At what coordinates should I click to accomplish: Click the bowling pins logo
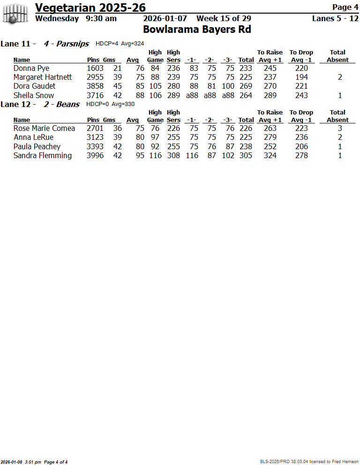click(x=15, y=13)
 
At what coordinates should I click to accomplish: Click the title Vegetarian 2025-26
click(x=90, y=8)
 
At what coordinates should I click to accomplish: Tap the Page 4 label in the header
click(x=345, y=7)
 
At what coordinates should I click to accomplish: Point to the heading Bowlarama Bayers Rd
click(x=197, y=30)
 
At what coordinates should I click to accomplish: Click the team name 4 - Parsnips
click(x=66, y=44)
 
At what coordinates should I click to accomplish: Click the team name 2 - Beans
click(x=61, y=104)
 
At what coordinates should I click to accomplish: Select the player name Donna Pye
click(x=31, y=68)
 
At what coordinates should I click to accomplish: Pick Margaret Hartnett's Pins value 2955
click(x=95, y=77)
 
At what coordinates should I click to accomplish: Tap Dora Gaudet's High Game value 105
click(x=155, y=86)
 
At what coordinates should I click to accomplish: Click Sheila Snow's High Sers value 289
click(x=173, y=95)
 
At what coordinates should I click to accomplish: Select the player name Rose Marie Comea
click(x=44, y=128)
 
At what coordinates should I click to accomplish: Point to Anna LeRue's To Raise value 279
click(x=270, y=137)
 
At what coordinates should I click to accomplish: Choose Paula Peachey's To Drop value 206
click(x=301, y=146)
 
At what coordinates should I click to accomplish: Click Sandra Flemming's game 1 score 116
click(x=192, y=155)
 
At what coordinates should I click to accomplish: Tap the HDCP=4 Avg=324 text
click(x=120, y=44)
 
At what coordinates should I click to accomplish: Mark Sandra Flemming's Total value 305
click(x=246, y=155)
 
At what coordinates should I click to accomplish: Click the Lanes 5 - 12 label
click(x=335, y=18)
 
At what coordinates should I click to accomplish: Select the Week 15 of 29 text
click(x=224, y=18)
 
